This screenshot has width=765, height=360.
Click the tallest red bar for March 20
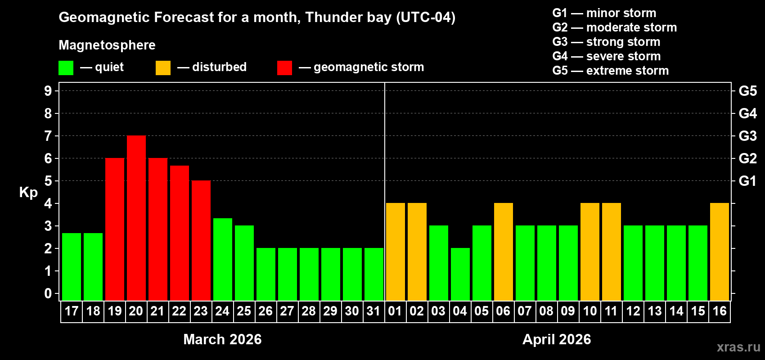point(136,218)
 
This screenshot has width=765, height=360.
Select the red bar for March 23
point(201,240)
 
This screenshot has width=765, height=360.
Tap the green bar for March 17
point(72,266)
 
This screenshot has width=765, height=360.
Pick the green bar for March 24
point(222,259)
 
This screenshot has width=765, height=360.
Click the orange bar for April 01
point(395,252)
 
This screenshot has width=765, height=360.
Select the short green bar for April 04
point(460,274)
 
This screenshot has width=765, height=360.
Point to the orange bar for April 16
point(719,252)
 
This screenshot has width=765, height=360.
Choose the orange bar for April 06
point(503,252)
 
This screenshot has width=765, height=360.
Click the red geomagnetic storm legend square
point(284,68)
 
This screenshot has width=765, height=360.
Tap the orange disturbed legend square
point(163,68)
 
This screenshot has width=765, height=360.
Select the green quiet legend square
point(66,68)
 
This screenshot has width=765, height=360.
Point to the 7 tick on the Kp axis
point(48,136)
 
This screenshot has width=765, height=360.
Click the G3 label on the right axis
point(747,136)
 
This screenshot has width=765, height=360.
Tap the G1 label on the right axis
point(747,181)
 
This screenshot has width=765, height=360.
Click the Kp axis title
point(28,193)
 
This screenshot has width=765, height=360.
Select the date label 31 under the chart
point(373,311)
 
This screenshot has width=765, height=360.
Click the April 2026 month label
point(557,339)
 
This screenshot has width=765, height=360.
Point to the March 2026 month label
point(222,339)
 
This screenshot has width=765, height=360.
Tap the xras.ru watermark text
point(738,347)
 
